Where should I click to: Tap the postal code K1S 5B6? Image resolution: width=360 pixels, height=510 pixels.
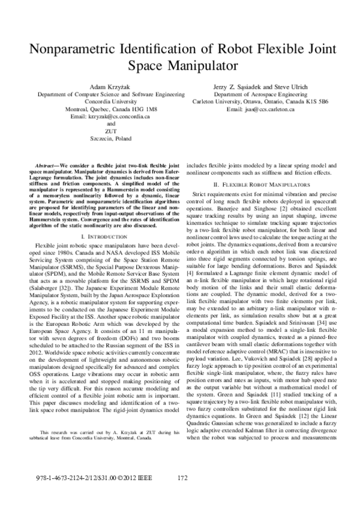click(316, 102)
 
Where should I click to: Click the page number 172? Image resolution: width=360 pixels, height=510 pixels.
click(184, 478)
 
